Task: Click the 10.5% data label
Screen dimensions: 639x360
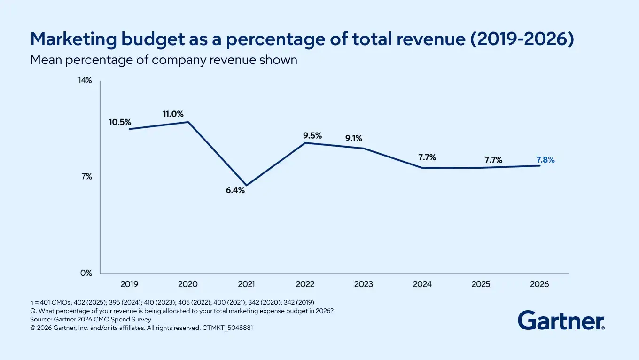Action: [x=120, y=122]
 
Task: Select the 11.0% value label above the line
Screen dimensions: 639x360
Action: [x=173, y=114]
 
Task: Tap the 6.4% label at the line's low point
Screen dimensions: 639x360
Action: [x=235, y=190]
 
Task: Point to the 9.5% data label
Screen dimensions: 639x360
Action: [x=312, y=135]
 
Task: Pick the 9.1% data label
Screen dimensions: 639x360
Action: [x=354, y=138]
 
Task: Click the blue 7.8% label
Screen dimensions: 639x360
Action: [x=545, y=160]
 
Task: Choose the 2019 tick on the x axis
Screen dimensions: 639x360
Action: [x=129, y=284]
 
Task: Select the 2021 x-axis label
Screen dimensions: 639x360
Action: [x=246, y=284]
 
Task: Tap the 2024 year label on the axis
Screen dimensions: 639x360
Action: [x=422, y=284]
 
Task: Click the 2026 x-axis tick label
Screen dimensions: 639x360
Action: [x=539, y=284]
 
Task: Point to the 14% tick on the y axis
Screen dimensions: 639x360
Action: [x=85, y=80]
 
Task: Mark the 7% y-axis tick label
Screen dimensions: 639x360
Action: [x=87, y=177]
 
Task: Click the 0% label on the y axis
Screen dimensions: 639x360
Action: [x=86, y=273]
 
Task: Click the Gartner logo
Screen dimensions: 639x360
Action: [x=561, y=321]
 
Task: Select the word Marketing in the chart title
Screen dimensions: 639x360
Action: [x=73, y=39]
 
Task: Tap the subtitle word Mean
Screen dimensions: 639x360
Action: [x=46, y=60]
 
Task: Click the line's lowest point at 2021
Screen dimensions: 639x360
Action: [x=246, y=186]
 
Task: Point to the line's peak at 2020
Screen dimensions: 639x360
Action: [x=188, y=122]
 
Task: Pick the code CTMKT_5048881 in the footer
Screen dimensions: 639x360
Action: [x=227, y=328]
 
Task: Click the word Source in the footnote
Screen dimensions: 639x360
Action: [x=40, y=319]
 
